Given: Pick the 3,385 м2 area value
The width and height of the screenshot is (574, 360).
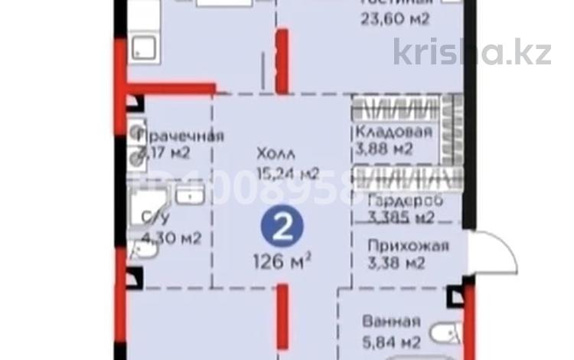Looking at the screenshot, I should pos(401,218).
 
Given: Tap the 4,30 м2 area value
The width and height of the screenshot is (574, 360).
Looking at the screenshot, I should pos(172,237).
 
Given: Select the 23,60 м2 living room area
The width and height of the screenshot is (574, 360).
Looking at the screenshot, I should pos(395,19).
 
